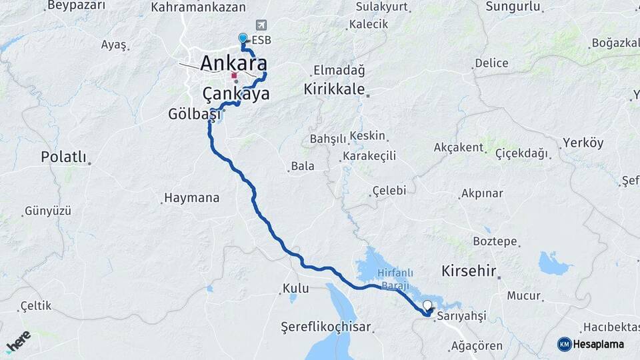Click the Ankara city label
tap(233, 64)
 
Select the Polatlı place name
tap(64, 157)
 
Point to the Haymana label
tap(191, 198)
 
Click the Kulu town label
tap(296, 289)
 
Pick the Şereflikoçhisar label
tap(326, 327)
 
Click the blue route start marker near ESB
tap(243, 39)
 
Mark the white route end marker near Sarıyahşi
tap(427, 305)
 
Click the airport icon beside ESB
tap(259, 25)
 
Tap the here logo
tap(18, 341)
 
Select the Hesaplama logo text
tap(599, 344)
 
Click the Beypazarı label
tap(77, 6)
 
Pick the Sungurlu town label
tap(513, 7)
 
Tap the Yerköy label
tap(583, 143)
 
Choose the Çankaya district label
tap(236, 94)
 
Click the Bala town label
tap(303, 167)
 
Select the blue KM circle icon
tap(565, 344)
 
